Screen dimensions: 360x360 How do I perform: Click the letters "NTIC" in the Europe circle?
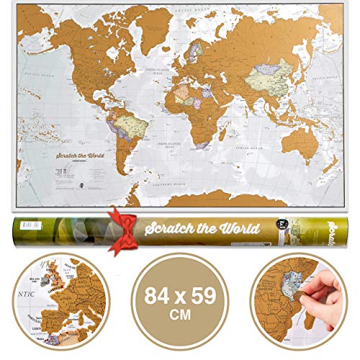16,292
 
